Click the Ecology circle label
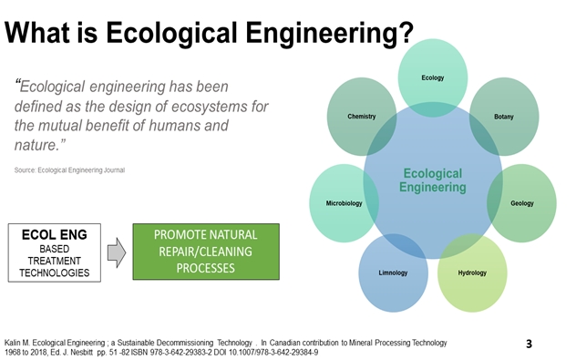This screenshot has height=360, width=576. (x=433, y=77)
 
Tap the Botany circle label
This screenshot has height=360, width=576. (x=503, y=117)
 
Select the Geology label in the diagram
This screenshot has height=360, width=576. (x=522, y=203)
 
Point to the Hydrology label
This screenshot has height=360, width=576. (x=472, y=273)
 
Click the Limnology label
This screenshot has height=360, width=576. (x=394, y=273)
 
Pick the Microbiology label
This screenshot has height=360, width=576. (x=345, y=203)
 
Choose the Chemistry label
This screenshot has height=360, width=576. (x=362, y=117)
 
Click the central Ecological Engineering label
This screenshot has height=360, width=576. (x=432, y=180)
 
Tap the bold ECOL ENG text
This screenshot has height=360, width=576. (x=54, y=235)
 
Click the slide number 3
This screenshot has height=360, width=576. (x=530, y=344)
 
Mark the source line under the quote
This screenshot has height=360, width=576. (x=69, y=170)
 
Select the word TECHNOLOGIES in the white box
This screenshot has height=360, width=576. (x=54, y=273)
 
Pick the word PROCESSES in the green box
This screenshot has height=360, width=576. (x=205, y=269)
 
